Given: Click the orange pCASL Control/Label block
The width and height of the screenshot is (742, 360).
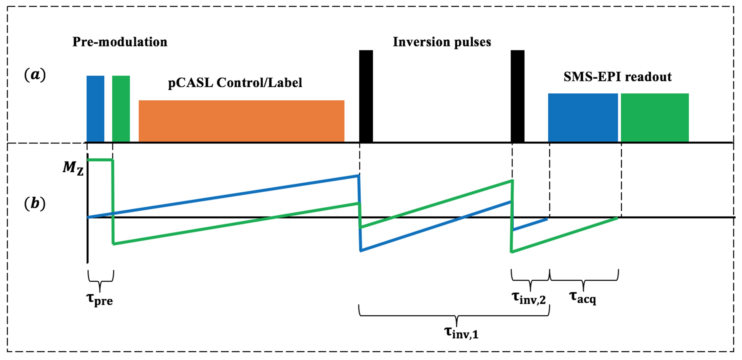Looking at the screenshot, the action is [241, 121].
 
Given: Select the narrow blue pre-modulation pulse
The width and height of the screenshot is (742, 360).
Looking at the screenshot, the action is [95, 109].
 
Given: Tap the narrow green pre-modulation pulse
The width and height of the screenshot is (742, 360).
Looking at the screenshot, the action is [121, 109].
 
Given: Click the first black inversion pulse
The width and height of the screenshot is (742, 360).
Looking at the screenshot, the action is [366, 96].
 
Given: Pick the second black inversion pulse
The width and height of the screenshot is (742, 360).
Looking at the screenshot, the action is [518, 96].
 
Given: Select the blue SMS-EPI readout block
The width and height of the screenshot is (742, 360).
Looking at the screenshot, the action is [583, 118].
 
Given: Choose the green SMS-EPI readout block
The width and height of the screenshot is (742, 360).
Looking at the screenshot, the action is [655, 118].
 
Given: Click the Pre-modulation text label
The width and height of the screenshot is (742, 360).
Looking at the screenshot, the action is [120, 42].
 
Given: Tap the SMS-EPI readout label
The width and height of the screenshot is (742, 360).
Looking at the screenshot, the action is [618, 77].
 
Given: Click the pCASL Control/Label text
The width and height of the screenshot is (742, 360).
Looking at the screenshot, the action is [235, 83].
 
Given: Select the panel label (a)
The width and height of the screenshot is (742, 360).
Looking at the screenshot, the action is [35, 75].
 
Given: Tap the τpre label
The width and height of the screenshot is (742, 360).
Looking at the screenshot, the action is [100, 299].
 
